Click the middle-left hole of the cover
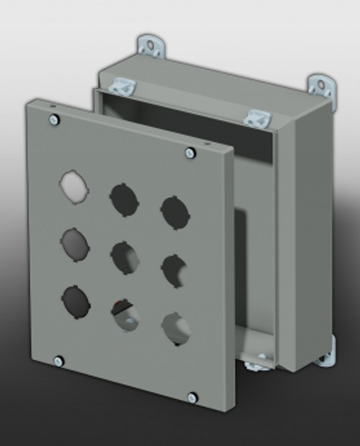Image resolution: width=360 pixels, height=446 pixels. tap(75, 244)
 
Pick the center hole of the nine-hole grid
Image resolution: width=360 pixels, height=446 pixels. tap(124, 258)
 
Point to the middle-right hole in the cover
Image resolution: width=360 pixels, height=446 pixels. tap(174, 270)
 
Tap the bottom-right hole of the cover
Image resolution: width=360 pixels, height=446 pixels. tap(176, 328)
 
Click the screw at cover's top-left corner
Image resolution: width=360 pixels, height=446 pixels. tap(53, 120)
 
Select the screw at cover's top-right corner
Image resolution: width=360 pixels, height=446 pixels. tap(189, 152)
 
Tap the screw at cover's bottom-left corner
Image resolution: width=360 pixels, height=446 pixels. tap(59, 360)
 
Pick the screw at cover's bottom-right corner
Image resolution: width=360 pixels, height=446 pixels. tap(192, 397)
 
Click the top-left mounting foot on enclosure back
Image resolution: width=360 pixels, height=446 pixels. tap(152, 47)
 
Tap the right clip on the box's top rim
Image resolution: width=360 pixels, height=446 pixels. tap(255, 117)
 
